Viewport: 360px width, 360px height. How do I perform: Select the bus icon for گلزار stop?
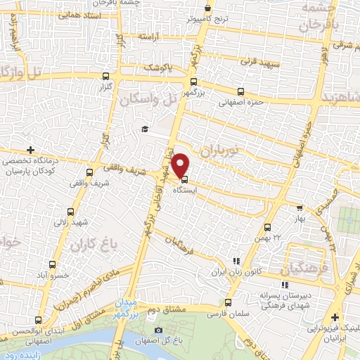click(x=105, y=76)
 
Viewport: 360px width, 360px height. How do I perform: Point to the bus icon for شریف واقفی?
click(x=89, y=172)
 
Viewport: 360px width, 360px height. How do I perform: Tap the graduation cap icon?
click(x=144, y=129)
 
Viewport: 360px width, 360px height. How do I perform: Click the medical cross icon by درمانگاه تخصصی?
click(x=30, y=150)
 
